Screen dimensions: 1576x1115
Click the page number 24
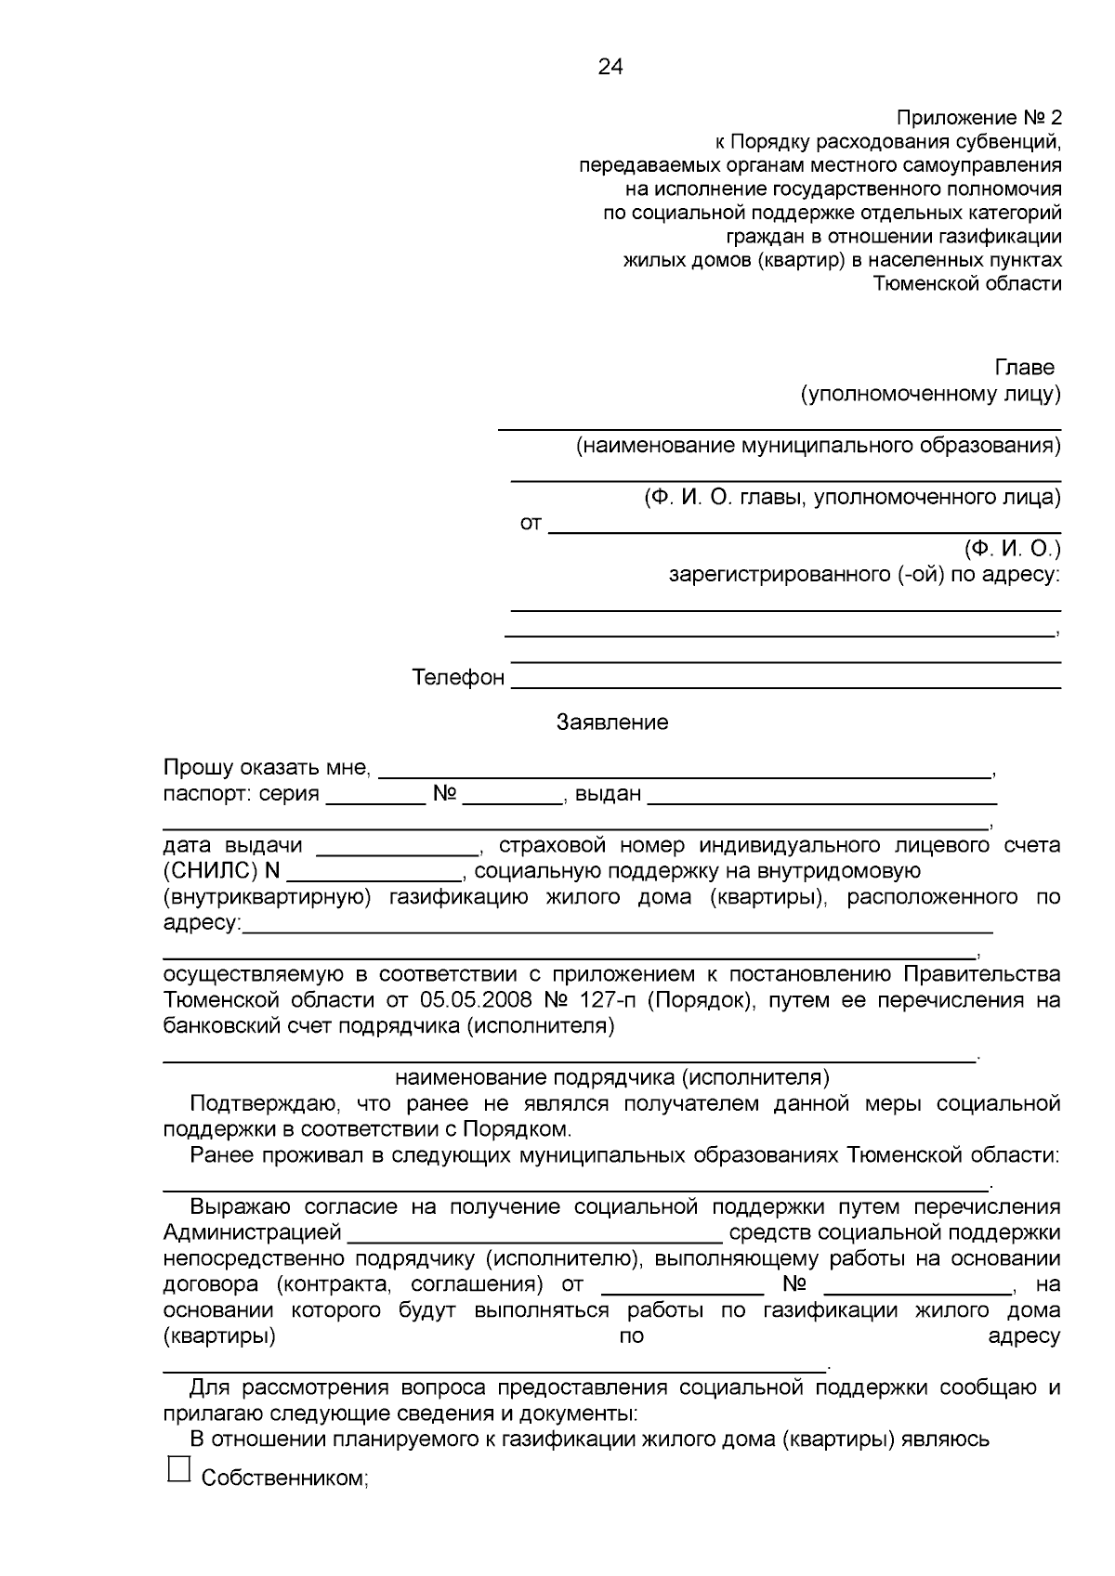[610, 67]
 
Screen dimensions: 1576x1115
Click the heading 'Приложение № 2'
[977, 118]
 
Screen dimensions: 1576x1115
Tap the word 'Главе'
[1024, 368]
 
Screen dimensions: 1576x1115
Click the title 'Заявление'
[612, 723]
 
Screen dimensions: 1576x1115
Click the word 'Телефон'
[458, 678]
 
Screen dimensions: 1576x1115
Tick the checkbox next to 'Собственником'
[178, 1468]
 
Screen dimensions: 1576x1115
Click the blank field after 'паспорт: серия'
[376, 801]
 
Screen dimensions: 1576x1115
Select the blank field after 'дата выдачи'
[397, 852]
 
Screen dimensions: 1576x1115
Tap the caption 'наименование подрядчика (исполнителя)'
[612, 1077]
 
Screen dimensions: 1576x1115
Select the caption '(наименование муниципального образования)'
[818, 446]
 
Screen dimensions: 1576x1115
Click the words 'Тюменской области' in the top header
[967, 284]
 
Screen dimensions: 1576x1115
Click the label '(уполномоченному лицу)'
[930, 394]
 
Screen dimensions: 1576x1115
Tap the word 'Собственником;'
[285, 1478]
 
